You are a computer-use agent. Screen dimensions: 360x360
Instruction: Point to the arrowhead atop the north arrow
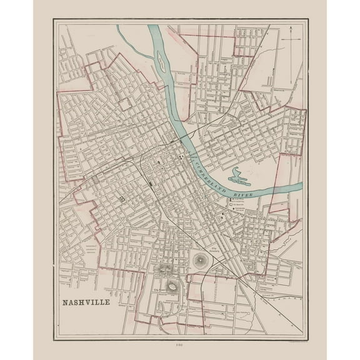pyautogui.click(x=291, y=29)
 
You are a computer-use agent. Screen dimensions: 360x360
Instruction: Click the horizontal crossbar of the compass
pyautogui.click(x=291, y=39)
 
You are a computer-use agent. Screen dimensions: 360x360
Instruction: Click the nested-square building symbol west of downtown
pyautogui.click(x=121, y=198)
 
